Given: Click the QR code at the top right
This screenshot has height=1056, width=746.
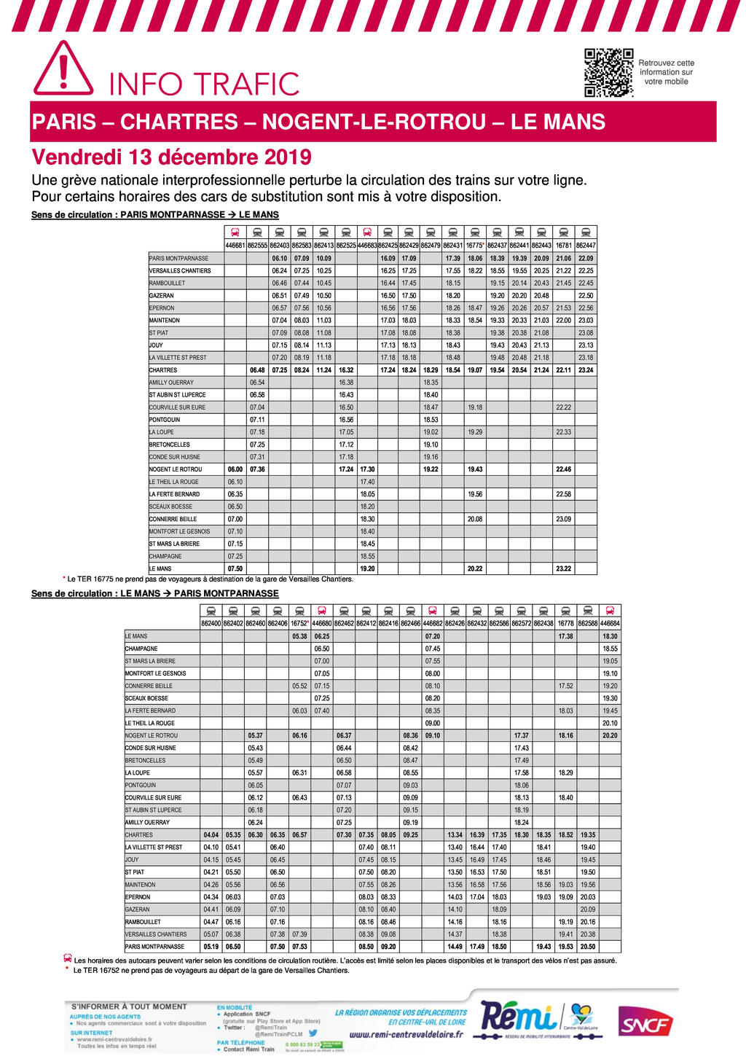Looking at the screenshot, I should click(x=608, y=73).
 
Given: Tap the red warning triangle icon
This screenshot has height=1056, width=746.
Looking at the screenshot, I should click(x=63, y=69).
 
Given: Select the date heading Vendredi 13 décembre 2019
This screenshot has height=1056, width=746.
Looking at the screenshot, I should click(x=171, y=157).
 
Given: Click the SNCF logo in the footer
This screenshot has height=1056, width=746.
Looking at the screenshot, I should click(x=645, y=1025).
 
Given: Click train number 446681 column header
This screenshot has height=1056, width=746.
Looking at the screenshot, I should click(x=235, y=246).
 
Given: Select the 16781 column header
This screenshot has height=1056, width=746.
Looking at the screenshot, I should click(x=563, y=246).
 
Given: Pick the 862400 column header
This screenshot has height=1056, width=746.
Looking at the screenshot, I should click(x=211, y=624).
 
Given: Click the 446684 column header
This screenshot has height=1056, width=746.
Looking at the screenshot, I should click(x=610, y=624).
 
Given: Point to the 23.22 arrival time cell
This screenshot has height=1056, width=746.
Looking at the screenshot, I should click(x=563, y=568).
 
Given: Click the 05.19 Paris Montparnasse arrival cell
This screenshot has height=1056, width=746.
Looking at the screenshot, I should click(x=211, y=947).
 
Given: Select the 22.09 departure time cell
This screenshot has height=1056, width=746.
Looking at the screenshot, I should click(x=586, y=258).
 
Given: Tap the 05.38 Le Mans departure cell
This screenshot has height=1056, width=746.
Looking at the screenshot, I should click(x=299, y=636).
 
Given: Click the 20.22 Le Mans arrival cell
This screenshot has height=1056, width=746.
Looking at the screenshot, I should click(x=475, y=568).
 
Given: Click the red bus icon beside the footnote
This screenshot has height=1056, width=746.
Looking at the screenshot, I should click(x=68, y=959).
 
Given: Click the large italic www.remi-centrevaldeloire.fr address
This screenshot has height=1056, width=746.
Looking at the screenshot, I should click(x=406, y=1034).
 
